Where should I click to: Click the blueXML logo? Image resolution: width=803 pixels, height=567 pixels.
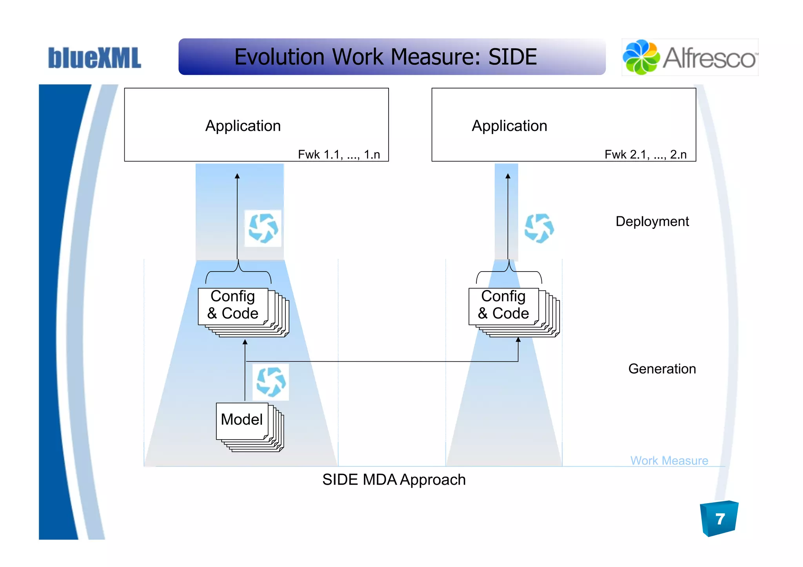94,58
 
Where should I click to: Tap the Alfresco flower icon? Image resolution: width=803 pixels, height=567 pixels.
641,57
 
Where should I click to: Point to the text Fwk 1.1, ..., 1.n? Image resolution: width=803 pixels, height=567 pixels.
339,154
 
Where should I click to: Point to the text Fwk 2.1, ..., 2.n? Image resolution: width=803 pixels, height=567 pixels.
645,154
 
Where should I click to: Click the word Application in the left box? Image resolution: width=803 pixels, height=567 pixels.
243,126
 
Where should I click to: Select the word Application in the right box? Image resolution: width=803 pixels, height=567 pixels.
509,126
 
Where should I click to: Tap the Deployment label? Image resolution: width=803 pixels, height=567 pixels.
652,221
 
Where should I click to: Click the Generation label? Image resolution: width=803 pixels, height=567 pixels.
662,369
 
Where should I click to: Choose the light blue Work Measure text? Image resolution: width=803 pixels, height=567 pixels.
669,460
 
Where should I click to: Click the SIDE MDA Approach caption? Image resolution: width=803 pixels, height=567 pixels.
394,480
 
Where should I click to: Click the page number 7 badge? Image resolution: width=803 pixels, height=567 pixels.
719,519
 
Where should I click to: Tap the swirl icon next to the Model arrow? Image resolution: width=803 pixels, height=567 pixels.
271,382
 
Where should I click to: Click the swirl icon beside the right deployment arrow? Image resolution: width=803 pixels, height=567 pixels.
539,228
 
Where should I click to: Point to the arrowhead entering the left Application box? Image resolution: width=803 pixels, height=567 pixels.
237,176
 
